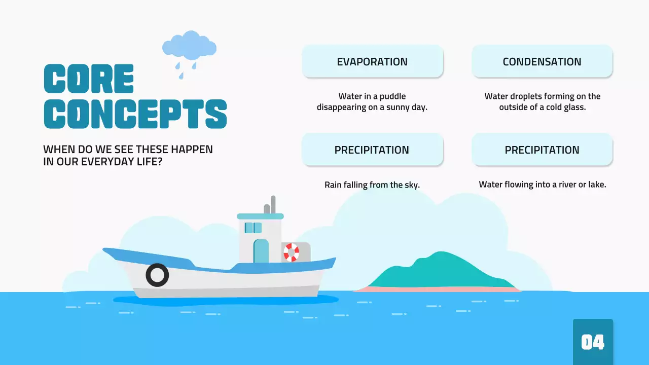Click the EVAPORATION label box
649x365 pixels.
[x=372, y=61]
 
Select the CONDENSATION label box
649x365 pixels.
[x=542, y=61]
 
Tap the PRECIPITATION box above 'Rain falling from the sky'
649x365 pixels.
[x=372, y=150]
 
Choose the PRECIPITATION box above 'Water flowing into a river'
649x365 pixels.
[x=542, y=150]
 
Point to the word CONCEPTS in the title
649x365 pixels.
[x=135, y=114]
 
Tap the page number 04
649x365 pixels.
[x=593, y=343]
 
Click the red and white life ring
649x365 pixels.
[x=292, y=252]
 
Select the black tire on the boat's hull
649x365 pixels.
[x=157, y=275]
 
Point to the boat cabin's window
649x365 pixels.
[x=253, y=228]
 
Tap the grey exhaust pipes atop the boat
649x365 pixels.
[x=270, y=205]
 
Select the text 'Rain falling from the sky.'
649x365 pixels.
[x=372, y=185]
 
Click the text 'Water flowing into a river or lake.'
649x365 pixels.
[x=542, y=185]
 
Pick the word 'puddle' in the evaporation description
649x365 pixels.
[x=393, y=96]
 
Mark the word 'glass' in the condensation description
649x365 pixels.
[x=574, y=107]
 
